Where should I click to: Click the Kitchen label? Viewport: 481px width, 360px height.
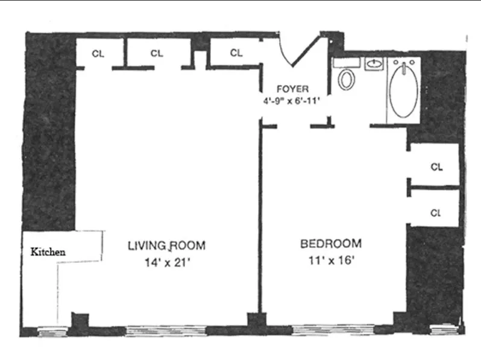(48, 252)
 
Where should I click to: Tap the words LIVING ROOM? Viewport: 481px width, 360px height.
(166, 245)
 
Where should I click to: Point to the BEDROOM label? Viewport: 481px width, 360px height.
(331, 244)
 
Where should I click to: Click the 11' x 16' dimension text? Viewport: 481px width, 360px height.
(331, 261)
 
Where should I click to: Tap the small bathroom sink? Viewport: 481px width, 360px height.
(375, 64)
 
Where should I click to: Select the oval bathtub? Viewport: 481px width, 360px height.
(404, 90)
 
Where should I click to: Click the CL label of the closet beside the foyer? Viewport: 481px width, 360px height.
(236, 53)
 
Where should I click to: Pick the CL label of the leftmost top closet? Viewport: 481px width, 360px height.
(98, 53)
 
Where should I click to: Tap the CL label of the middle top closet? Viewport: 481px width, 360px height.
(157, 53)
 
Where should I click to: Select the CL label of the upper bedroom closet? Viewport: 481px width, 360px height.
(436, 167)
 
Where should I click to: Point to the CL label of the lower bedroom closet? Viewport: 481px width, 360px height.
(436, 212)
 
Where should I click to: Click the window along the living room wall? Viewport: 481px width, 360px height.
(166, 330)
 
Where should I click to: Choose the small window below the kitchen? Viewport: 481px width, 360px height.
(46, 330)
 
